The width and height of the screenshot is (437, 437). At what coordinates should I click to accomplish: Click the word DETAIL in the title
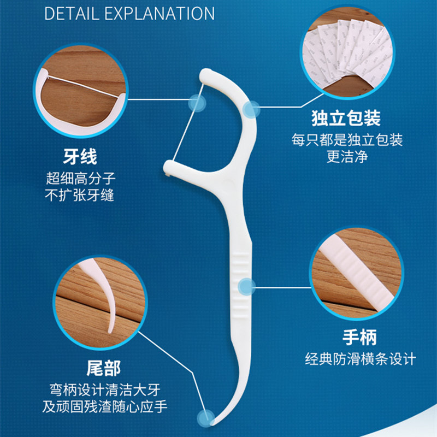coord(72,13)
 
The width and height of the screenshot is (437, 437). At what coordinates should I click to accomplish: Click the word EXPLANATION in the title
coord(160,13)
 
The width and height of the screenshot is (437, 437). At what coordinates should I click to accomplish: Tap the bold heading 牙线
coord(80,157)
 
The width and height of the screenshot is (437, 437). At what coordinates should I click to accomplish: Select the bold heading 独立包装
coord(346,118)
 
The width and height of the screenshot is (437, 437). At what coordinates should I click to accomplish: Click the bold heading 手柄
coord(359,337)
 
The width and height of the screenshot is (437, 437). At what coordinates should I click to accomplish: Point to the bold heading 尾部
coord(104,368)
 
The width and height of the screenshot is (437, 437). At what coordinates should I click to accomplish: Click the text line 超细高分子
coord(80,179)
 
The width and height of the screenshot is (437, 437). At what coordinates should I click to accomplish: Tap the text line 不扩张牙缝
coord(80,195)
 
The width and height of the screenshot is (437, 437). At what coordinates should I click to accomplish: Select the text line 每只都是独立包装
coord(347,140)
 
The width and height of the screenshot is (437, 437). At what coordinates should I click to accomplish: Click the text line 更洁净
coord(347,157)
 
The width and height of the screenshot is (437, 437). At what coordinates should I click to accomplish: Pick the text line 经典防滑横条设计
coord(361,359)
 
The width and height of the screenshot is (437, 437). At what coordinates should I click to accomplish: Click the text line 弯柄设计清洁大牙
coord(105,389)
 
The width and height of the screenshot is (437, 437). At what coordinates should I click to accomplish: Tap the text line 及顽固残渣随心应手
coord(105,406)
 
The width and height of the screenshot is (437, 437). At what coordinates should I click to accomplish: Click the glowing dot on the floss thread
coord(197,103)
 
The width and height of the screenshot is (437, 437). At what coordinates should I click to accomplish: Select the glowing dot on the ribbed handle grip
coord(247,286)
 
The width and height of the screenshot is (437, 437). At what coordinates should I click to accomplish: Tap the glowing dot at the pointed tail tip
coord(206,418)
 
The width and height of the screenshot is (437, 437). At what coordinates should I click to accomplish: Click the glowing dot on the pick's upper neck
coord(251,109)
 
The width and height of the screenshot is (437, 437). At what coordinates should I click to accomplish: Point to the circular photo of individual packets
coord(347,52)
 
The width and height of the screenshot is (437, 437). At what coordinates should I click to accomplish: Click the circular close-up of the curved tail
coord(101,303)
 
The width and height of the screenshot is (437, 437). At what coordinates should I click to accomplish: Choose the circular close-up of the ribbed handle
coord(357,273)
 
